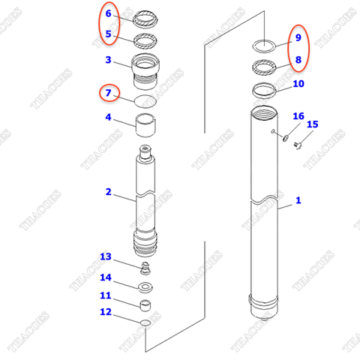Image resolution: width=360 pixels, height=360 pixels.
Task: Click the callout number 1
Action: [x=298, y=200]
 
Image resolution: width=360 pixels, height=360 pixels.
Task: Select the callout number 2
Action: [x=108, y=193]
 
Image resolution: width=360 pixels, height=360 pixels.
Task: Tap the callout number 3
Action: [x=108, y=60]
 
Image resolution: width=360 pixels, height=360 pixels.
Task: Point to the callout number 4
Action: [x=108, y=118]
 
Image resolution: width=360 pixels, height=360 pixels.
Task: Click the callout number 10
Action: [x=298, y=84]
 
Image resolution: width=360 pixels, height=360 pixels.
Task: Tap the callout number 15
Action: [x=313, y=124]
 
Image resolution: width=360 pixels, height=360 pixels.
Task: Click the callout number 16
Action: [x=298, y=116]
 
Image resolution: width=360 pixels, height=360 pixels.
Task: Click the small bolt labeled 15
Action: [x=295, y=144]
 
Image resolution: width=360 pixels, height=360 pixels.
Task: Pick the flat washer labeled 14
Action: [x=145, y=287]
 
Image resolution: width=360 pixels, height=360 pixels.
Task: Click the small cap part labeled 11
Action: [x=145, y=304]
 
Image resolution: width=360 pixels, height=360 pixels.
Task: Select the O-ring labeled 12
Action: [x=145, y=322]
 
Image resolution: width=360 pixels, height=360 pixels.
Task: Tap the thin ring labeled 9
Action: [x=263, y=44]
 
